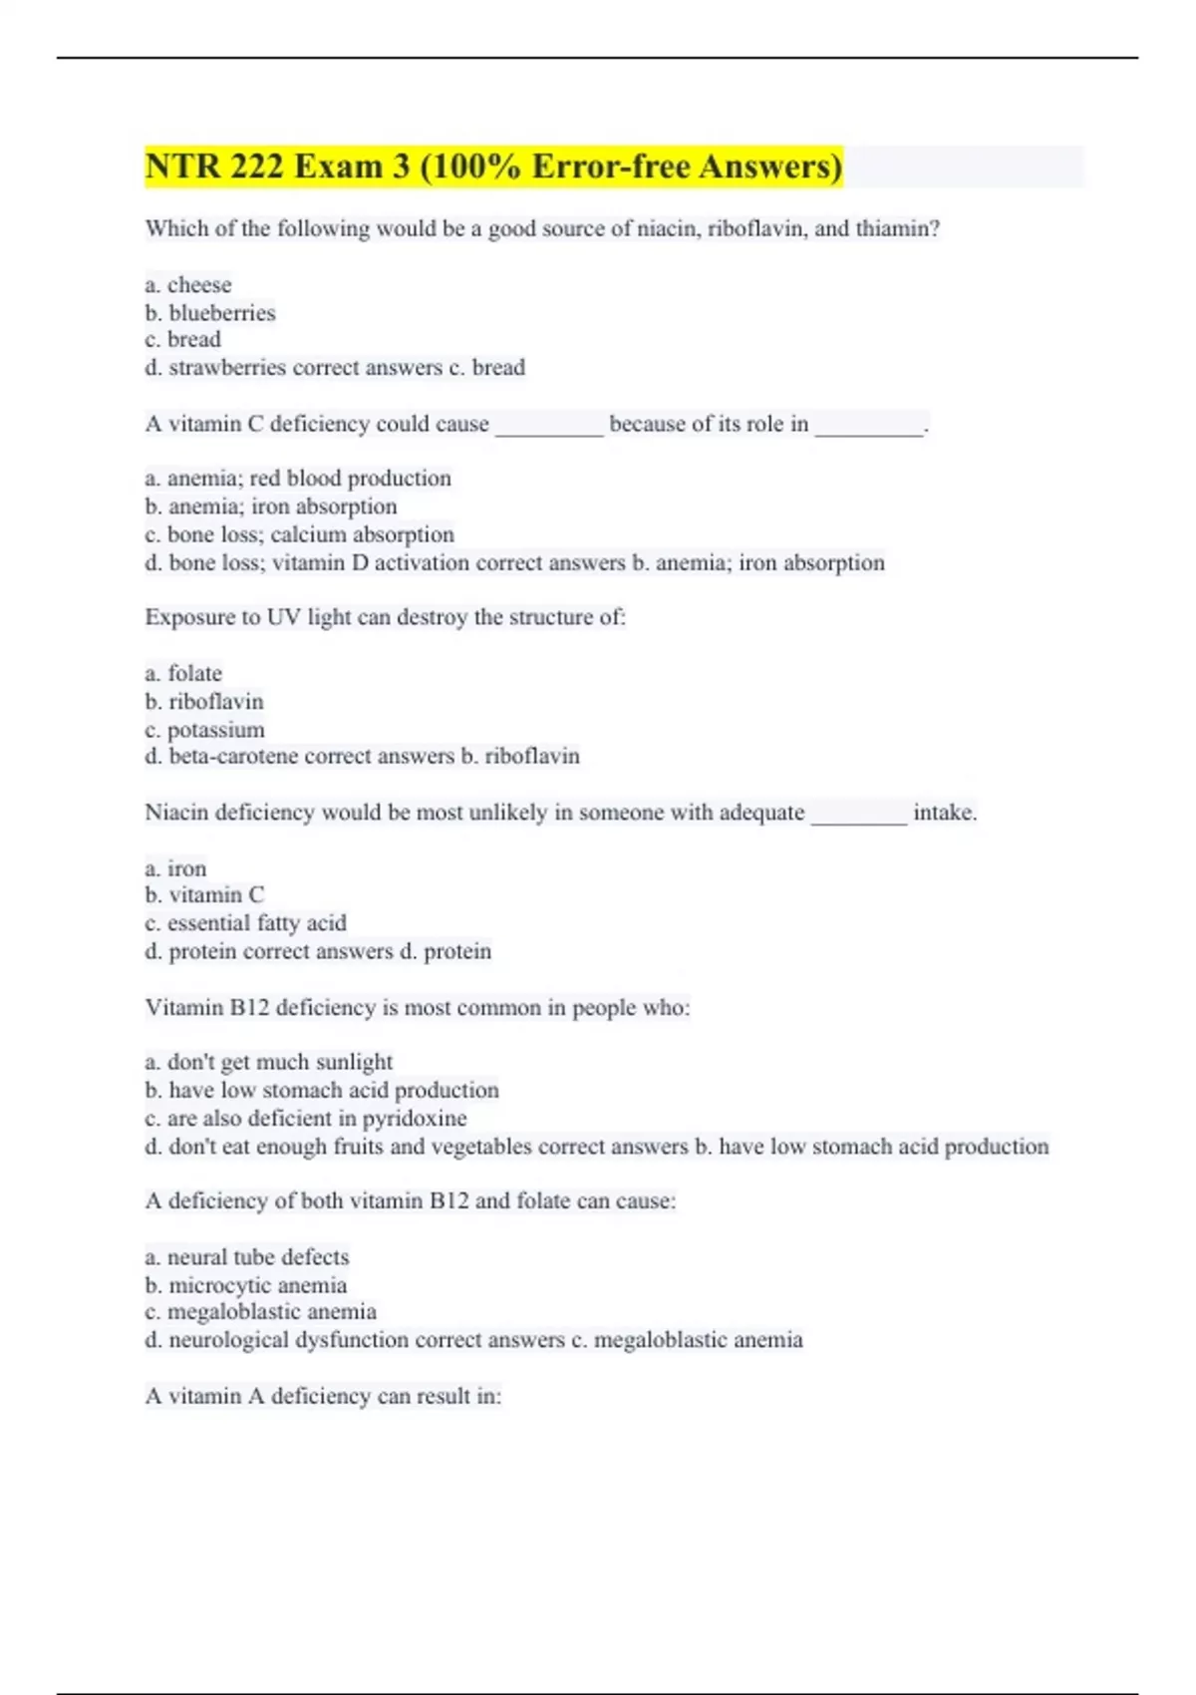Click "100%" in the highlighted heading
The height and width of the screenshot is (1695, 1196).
tap(475, 167)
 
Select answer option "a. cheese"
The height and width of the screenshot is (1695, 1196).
tap(187, 285)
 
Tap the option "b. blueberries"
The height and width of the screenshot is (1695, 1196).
tap(209, 313)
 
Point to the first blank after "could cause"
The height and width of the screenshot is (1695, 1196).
tap(549, 427)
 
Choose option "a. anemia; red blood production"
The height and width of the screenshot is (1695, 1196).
tap(297, 479)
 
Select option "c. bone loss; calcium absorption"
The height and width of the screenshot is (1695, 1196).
tap(299, 534)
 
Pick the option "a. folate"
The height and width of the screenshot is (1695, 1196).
tap(183, 674)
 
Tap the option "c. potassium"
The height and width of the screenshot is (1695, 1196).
tap(204, 730)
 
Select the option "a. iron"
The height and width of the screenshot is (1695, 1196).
tap(175, 868)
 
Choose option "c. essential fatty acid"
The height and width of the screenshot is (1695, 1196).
tap(245, 923)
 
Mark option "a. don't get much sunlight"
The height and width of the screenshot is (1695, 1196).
tap(268, 1062)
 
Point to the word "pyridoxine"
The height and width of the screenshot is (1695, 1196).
tap(414, 1119)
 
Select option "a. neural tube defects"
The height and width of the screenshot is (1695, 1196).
tap(247, 1257)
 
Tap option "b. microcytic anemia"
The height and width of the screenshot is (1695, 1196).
tap(245, 1285)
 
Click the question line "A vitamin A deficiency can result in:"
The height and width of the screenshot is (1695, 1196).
tap(323, 1397)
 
